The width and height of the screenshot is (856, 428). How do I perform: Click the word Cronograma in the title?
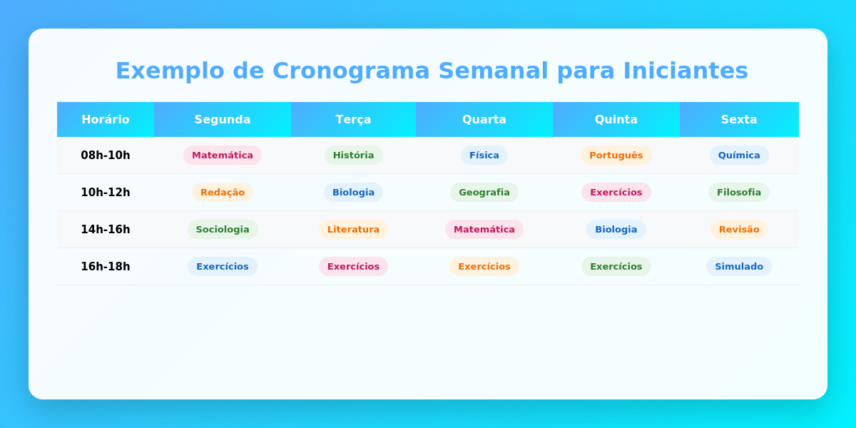pos(350,71)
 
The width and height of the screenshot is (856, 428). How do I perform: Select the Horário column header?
pos(106,119)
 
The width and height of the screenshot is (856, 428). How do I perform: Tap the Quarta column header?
pos(484,119)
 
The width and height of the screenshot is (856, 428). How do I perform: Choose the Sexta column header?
pos(739,119)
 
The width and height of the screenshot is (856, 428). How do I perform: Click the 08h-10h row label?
pos(106,155)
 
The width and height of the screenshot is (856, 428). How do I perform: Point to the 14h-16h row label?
pos(106,229)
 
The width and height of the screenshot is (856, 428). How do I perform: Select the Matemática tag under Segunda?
pos(223,155)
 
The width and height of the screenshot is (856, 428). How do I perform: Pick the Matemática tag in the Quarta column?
pos(484,229)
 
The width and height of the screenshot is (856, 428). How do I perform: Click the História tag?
pos(353,155)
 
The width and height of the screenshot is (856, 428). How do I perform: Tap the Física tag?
pos(484,155)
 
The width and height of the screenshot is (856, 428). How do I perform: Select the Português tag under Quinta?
pos(616,155)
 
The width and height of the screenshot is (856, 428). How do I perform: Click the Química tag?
pos(739,155)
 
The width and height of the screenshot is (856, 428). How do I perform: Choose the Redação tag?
pos(223,192)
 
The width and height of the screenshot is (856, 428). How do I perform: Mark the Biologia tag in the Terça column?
pos(353,192)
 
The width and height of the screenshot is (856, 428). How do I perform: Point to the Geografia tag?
pos(484,192)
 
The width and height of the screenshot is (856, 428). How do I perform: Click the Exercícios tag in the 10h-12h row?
pos(616,192)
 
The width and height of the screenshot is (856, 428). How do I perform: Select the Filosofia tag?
pos(739,192)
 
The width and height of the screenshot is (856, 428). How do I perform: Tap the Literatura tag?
pos(353,229)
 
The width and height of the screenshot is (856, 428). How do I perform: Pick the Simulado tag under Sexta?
pos(739,266)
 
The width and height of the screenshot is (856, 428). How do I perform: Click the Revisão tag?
pos(739,229)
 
